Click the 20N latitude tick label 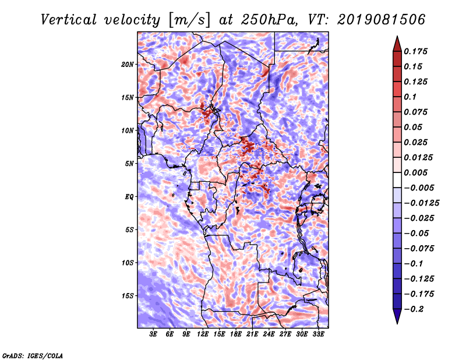128,64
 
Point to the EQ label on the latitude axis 129,196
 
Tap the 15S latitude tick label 128,295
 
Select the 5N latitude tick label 129,164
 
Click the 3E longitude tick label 153,334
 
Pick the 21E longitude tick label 252,334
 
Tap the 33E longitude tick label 318,334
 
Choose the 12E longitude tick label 202,334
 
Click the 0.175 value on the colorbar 415,51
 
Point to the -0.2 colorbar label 414,309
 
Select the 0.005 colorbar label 415,172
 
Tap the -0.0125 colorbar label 421,203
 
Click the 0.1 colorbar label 410,97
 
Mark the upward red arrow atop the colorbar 397,44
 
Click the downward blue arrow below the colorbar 397,316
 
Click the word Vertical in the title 69,20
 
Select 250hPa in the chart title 269,20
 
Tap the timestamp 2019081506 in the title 382,20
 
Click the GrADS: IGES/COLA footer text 33,355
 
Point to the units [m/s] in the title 189,20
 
